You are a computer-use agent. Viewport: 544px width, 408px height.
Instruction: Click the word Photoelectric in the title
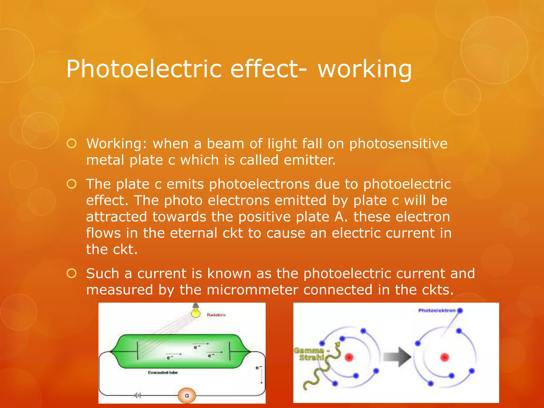143,69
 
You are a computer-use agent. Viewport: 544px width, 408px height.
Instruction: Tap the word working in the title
364,69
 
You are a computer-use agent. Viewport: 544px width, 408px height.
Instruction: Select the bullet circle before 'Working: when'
72,144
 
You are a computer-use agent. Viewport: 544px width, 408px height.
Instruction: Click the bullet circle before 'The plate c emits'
72,184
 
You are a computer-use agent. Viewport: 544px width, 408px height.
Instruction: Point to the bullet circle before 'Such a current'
72,273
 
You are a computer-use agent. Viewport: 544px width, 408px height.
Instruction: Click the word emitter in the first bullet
309,160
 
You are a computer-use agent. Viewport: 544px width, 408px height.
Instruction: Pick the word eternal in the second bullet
193,233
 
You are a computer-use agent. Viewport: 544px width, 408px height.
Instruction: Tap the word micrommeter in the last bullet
252,290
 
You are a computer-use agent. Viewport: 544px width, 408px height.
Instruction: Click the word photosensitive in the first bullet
398,144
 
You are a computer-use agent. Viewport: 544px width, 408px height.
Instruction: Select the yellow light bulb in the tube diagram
196,312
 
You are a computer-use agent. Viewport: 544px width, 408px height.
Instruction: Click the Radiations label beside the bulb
216,315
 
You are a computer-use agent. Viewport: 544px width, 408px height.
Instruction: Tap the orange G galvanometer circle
187,396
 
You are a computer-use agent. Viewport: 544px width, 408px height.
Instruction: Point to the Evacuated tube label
163,373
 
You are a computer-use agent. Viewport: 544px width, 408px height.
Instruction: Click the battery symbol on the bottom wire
138,396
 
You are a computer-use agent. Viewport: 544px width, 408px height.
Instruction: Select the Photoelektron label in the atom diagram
437,311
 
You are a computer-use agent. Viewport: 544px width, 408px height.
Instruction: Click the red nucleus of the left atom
349,358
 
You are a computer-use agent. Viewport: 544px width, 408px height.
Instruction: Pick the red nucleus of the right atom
445,358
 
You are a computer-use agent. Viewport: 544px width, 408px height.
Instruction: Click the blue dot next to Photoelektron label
460,311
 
